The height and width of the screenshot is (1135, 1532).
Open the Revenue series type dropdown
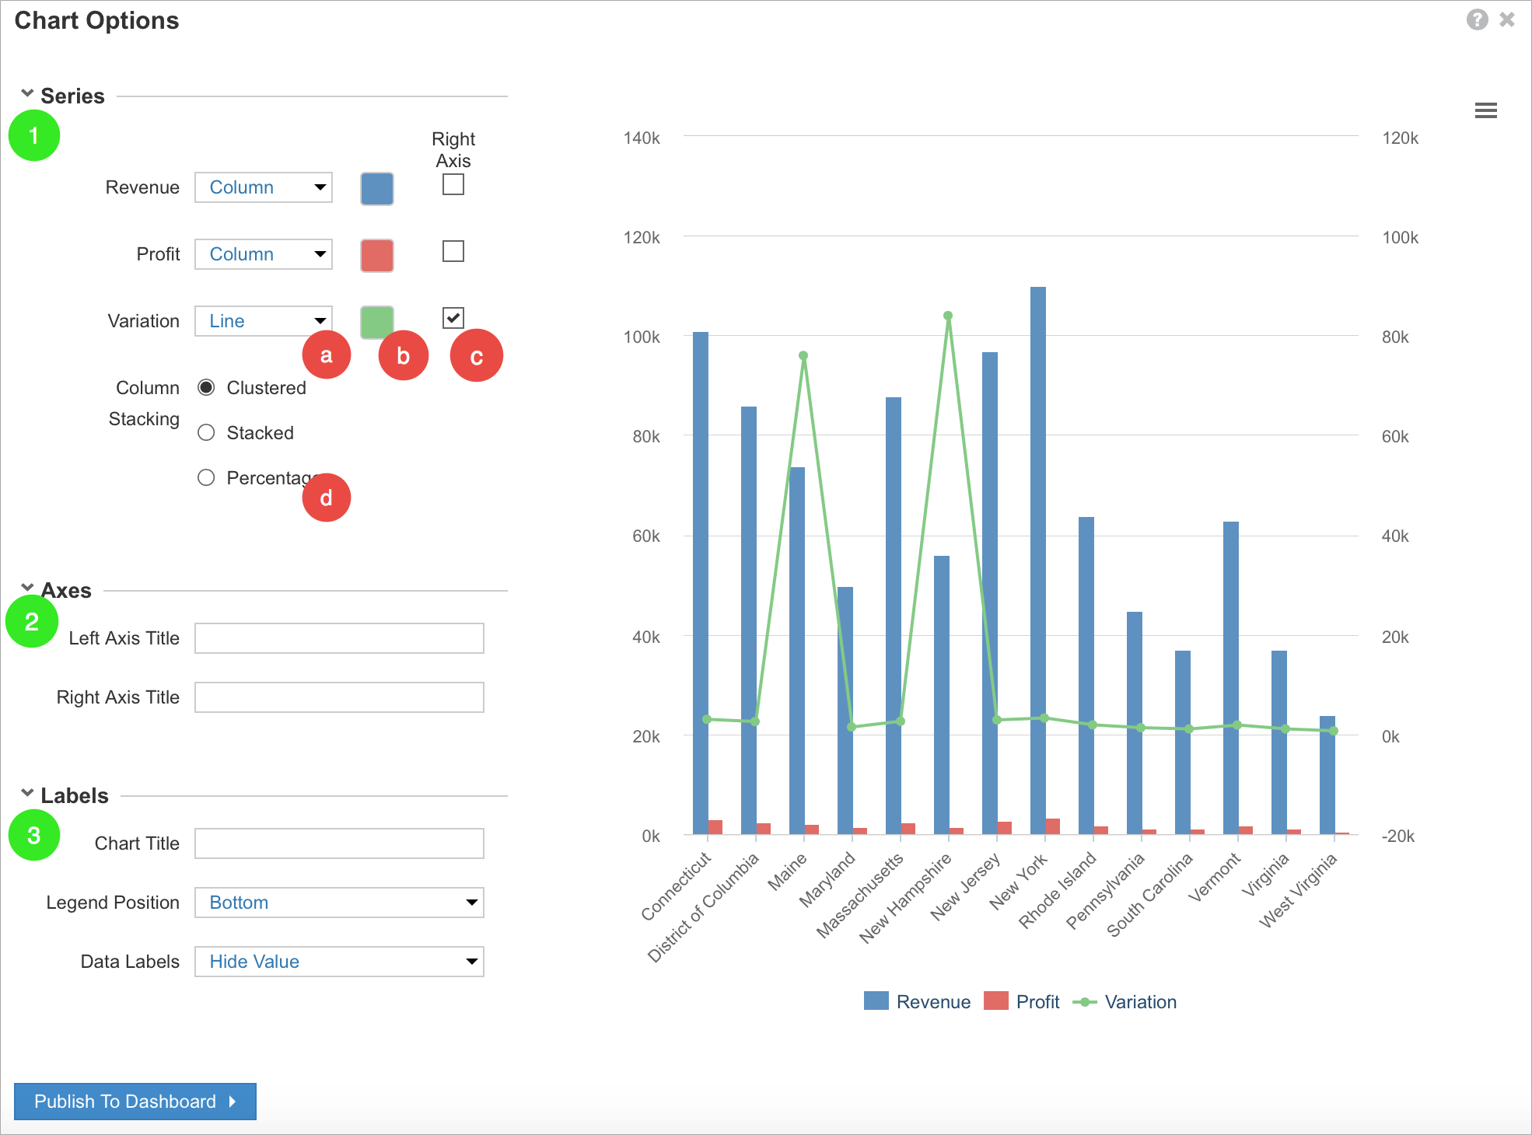coord(264,187)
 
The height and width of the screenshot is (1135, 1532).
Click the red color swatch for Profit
coord(377,255)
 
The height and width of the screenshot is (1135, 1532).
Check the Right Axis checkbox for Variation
coord(453,318)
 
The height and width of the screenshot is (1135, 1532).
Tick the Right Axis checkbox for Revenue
coord(453,185)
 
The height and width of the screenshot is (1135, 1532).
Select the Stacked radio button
coord(206,433)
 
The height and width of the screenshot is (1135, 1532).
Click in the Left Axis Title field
coord(339,638)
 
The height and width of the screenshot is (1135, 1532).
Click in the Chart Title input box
coord(339,843)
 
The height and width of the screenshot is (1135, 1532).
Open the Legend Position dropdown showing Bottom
coord(339,903)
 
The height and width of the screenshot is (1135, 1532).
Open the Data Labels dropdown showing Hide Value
coord(339,962)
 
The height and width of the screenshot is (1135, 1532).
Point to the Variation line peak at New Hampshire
coord(948,316)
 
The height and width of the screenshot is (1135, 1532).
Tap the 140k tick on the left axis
coord(642,138)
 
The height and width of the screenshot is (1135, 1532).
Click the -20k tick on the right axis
coord(1397,836)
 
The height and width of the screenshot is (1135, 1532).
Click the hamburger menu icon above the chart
coord(1485,110)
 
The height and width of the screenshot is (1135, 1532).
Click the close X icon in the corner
coord(1507,19)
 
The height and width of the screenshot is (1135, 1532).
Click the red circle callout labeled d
coord(327,498)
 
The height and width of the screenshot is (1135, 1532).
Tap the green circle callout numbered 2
coord(32,621)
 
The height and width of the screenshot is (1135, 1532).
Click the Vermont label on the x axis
coord(1214,878)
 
